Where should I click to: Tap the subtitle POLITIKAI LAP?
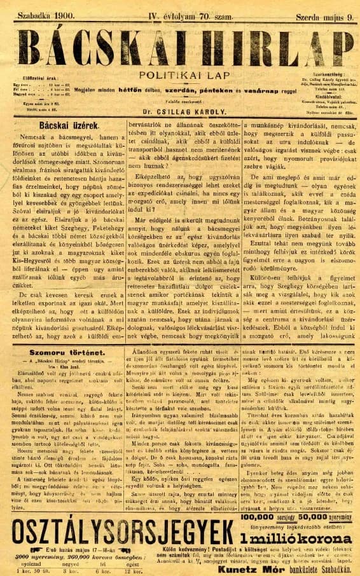point(180,74)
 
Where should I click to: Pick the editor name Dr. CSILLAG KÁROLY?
point(180,109)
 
